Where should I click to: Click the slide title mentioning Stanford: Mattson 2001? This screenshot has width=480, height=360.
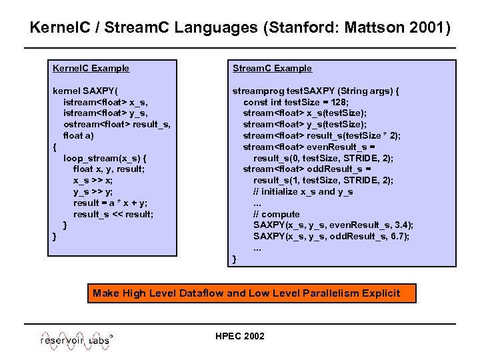240,29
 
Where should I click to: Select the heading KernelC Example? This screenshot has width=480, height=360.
91,68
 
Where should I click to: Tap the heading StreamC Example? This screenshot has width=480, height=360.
272,68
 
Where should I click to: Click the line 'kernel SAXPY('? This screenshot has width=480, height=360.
86,91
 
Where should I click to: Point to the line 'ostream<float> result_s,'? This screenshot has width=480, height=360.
117,124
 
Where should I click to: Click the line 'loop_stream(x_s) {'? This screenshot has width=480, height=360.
105,158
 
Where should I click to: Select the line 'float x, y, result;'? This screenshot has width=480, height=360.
109,169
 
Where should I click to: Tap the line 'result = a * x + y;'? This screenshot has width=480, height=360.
111,203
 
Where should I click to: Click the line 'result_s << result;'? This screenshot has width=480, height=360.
113,214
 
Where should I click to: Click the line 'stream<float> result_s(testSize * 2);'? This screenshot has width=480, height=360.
321,135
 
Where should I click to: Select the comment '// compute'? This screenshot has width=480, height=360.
276,214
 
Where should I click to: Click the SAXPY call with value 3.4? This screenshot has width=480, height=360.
333,225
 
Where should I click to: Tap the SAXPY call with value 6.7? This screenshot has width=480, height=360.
331,237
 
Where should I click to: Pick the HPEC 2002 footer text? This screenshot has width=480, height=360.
240,336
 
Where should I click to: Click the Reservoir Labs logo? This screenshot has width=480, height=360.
77,339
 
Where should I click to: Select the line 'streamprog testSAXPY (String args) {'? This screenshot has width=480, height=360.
315,91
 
